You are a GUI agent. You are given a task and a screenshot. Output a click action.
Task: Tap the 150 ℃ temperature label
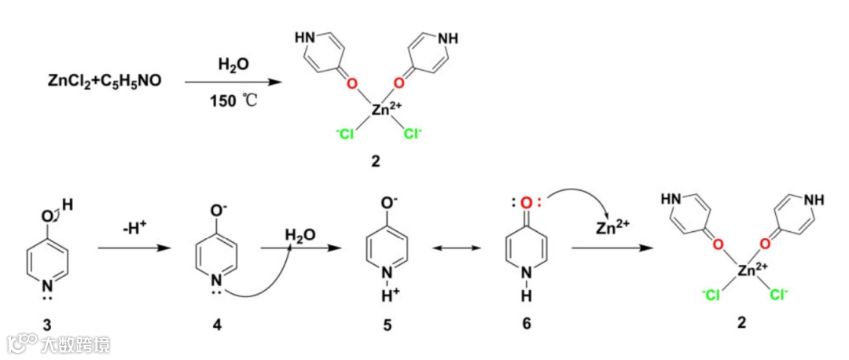229,101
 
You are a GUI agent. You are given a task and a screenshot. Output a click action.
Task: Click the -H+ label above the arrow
132,228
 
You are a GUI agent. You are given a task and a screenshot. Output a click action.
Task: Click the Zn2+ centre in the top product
382,110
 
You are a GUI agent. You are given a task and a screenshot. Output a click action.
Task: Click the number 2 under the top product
375,161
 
